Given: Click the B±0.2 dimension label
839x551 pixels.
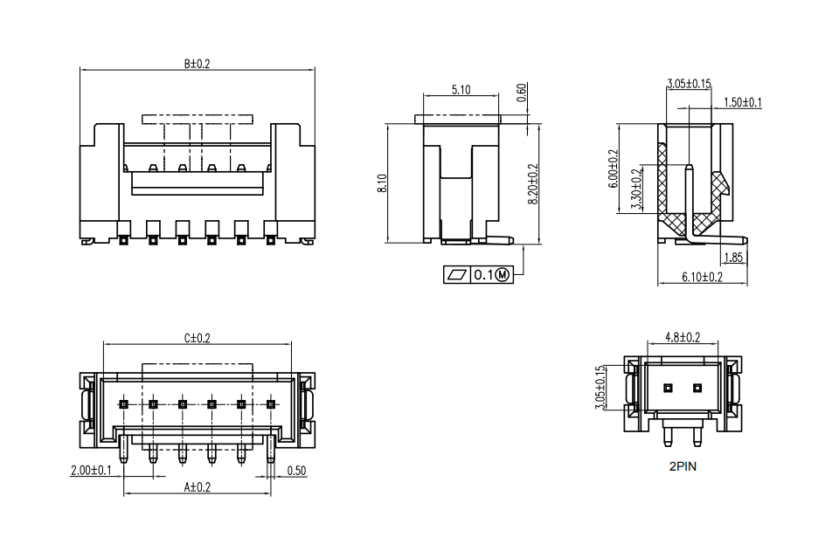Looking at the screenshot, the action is click(198, 64).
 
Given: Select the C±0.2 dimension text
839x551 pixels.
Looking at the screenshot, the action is click(198, 338).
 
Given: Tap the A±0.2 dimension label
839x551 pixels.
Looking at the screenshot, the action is click(198, 487).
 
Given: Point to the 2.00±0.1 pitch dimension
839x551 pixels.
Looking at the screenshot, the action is click(91, 471).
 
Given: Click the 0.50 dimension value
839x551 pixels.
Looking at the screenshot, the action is click(296, 471).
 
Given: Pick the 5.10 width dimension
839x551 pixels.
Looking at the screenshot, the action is click(461, 90).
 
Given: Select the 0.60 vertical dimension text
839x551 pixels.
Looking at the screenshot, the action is click(522, 93).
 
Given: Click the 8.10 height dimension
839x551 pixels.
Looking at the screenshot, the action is click(382, 183).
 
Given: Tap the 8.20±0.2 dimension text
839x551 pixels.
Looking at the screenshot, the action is click(533, 184).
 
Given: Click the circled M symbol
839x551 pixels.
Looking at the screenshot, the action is click(503, 275).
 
